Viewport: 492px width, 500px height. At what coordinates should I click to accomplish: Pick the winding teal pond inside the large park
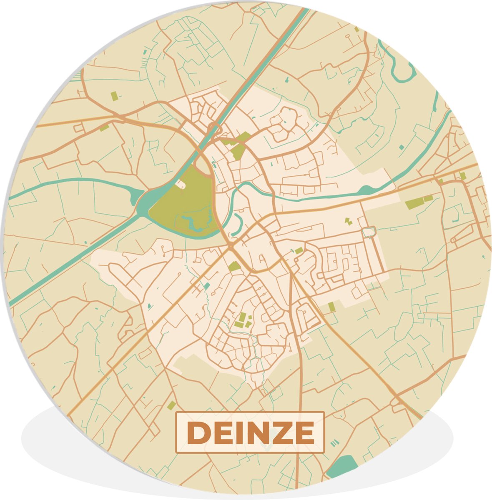(x=192, y=221)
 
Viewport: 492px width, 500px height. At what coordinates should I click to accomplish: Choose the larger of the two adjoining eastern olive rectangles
(x=414, y=204)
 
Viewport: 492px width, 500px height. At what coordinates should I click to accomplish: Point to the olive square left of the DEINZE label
(x=171, y=405)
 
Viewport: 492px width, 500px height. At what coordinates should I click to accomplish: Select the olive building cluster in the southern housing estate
(x=243, y=321)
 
